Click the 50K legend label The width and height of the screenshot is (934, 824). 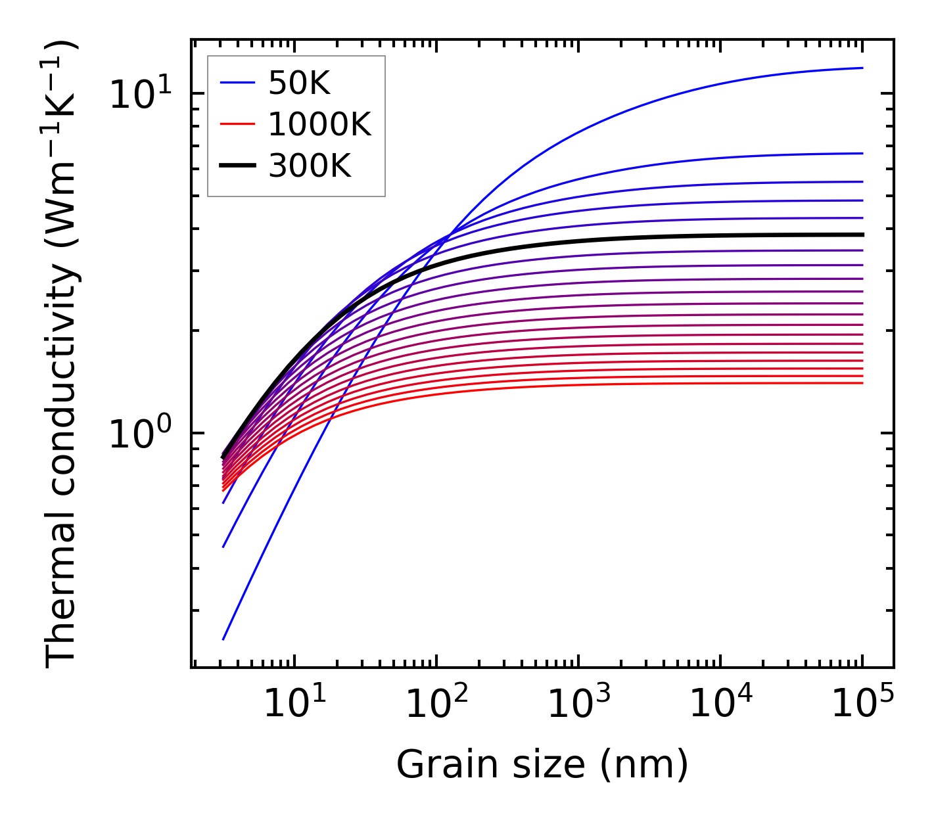tap(299, 83)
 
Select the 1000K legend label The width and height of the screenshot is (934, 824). tap(319, 124)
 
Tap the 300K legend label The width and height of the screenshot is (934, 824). tap(310, 166)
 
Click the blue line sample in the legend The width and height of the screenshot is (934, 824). tap(237, 83)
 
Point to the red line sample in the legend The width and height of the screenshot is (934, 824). tap(237, 124)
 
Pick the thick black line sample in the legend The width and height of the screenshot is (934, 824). tap(237, 166)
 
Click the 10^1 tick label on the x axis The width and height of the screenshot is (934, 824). tap(294, 705)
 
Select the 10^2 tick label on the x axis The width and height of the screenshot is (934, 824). tap(436, 705)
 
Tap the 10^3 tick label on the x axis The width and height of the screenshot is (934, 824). tap(578, 705)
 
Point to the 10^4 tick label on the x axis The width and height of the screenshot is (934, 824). tap(720, 705)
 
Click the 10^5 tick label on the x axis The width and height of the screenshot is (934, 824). tap(862, 705)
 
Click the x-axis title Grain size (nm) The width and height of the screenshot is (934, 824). tap(542, 766)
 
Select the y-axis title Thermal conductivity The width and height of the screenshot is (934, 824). tap(62, 355)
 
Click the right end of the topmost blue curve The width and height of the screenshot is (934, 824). tap(862, 68)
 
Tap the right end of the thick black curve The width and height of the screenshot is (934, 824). tap(862, 235)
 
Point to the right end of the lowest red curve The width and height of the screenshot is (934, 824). tap(862, 383)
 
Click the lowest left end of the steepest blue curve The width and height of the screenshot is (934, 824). tap(224, 639)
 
